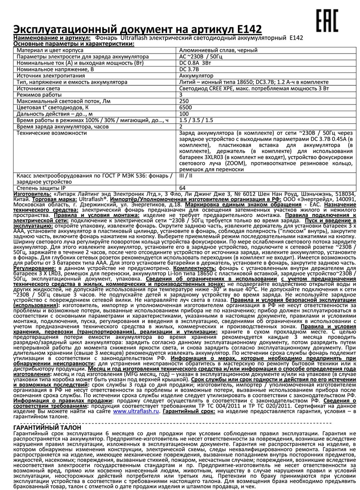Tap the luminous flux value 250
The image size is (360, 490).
coord(184,101)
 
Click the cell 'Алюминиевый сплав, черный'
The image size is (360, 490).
coord(218,50)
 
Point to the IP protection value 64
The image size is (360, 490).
coord(183,188)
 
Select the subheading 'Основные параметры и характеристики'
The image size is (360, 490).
coord(68,44)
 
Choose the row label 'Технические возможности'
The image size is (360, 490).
coord(51,133)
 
